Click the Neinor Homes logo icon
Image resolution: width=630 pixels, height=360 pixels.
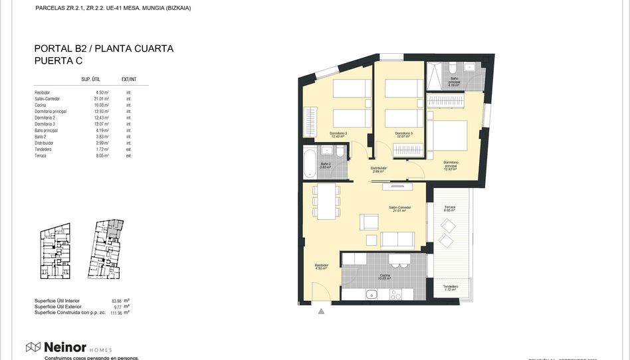point(33,347)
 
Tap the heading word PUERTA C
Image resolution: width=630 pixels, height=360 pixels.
point(59,60)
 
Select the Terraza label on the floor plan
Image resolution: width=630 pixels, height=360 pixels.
point(450,207)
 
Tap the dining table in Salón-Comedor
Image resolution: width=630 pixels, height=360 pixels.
point(326,201)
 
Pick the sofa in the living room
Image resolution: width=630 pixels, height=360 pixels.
point(399,240)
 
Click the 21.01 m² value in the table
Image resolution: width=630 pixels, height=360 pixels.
point(101,98)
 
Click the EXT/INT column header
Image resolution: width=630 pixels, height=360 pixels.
point(129,79)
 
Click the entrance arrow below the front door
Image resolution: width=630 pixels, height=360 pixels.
point(321,310)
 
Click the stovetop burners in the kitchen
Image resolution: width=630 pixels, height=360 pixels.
point(395,294)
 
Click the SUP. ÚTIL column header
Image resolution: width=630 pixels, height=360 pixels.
point(90,79)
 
